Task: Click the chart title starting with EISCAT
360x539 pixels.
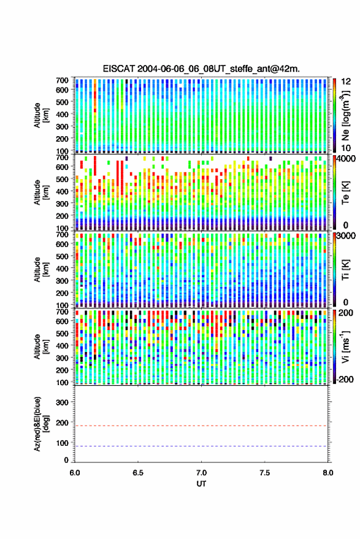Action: tap(201, 69)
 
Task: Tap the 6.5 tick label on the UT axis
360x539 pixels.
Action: tap(138, 473)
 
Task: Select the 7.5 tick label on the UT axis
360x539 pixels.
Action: tap(264, 473)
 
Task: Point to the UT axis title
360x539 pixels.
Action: tap(201, 484)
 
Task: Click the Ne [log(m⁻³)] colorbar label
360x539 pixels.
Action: tap(345, 115)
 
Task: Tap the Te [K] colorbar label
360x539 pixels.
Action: tap(345, 193)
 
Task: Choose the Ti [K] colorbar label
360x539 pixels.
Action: tap(345, 270)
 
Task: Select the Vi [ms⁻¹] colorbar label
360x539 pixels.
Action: tap(345, 346)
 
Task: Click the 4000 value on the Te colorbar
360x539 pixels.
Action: tap(346, 159)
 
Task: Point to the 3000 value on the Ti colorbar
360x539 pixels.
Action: tap(346, 236)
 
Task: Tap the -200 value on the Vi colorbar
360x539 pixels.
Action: tap(345, 379)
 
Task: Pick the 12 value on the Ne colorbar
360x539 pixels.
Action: tap(347, 82)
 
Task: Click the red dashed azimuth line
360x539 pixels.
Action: tap(201, 426)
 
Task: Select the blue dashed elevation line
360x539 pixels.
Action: tap(201, 446)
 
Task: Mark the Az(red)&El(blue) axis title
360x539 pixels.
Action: tap(41, 424)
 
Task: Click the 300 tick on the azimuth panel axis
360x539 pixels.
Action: tap(63, 402)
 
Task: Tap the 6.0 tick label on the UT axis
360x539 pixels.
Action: tap(75, 473)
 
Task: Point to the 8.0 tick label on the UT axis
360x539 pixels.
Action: tap(327, 473)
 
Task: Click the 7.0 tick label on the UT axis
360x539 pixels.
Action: tap(201, 473)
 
